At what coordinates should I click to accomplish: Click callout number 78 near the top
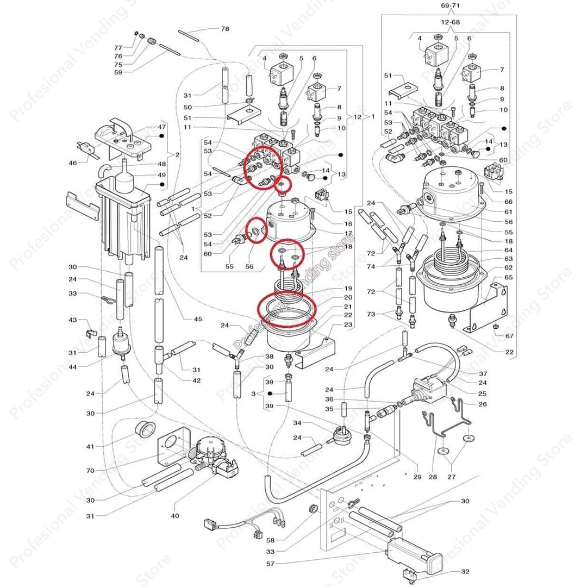click(x=224, y=28)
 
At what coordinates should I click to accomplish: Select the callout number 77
click(x=118, y=48)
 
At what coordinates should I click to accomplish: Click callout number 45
click(x=197, y=318)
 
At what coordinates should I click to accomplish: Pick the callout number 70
click(x=90, y=471)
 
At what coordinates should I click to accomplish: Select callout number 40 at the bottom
click(x=174, y=515)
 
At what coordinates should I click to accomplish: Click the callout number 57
click(x=270, y=564)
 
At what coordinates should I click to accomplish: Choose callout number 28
click(x=433, y=477)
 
